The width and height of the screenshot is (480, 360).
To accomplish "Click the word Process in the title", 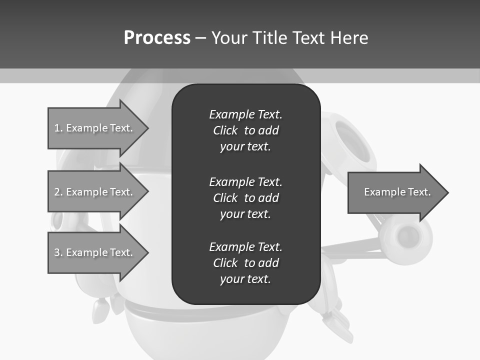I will (157, 38).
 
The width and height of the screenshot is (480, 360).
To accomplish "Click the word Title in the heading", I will (270, 38).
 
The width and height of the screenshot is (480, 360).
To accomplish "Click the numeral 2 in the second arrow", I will (57, 192).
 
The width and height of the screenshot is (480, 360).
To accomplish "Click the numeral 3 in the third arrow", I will (57, 252).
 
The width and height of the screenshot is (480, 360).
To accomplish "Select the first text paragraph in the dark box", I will (245, 130).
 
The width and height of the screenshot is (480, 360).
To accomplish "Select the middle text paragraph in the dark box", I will (245, 197).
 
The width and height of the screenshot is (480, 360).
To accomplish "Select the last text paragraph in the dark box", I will (245, 262).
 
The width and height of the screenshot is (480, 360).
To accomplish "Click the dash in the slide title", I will (200, 38).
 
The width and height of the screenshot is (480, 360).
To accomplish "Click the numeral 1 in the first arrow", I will (57, 128).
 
